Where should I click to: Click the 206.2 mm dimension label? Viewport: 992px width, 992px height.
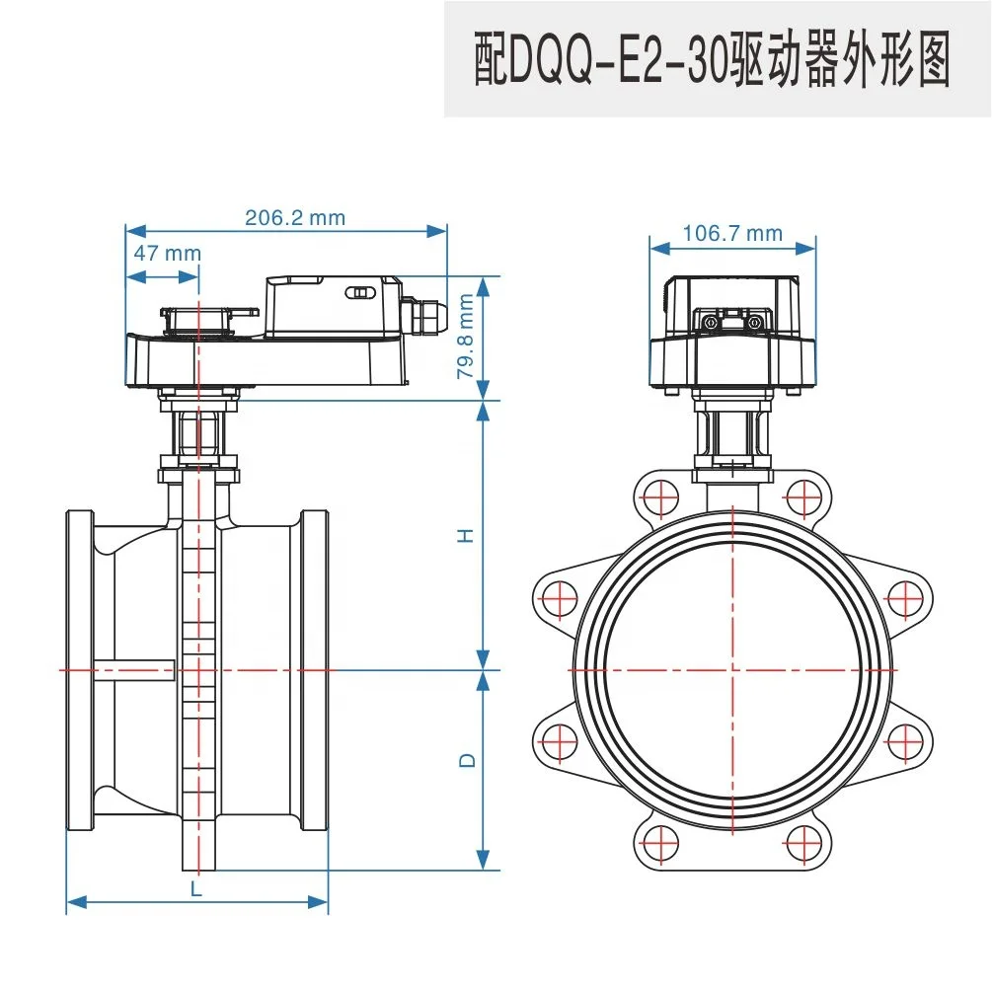[x=294, y=217]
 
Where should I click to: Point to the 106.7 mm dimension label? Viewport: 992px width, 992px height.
[x=731, y=233]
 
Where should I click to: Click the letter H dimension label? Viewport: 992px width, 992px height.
[x=466, y=535]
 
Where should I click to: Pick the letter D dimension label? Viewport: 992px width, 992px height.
[x=467, y=761]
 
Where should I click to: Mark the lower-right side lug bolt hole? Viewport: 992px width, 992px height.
[x=905, y=740]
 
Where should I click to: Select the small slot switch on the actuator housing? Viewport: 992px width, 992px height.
[x=358, y=293]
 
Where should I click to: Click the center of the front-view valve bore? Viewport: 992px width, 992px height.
[x=733, y=669]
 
